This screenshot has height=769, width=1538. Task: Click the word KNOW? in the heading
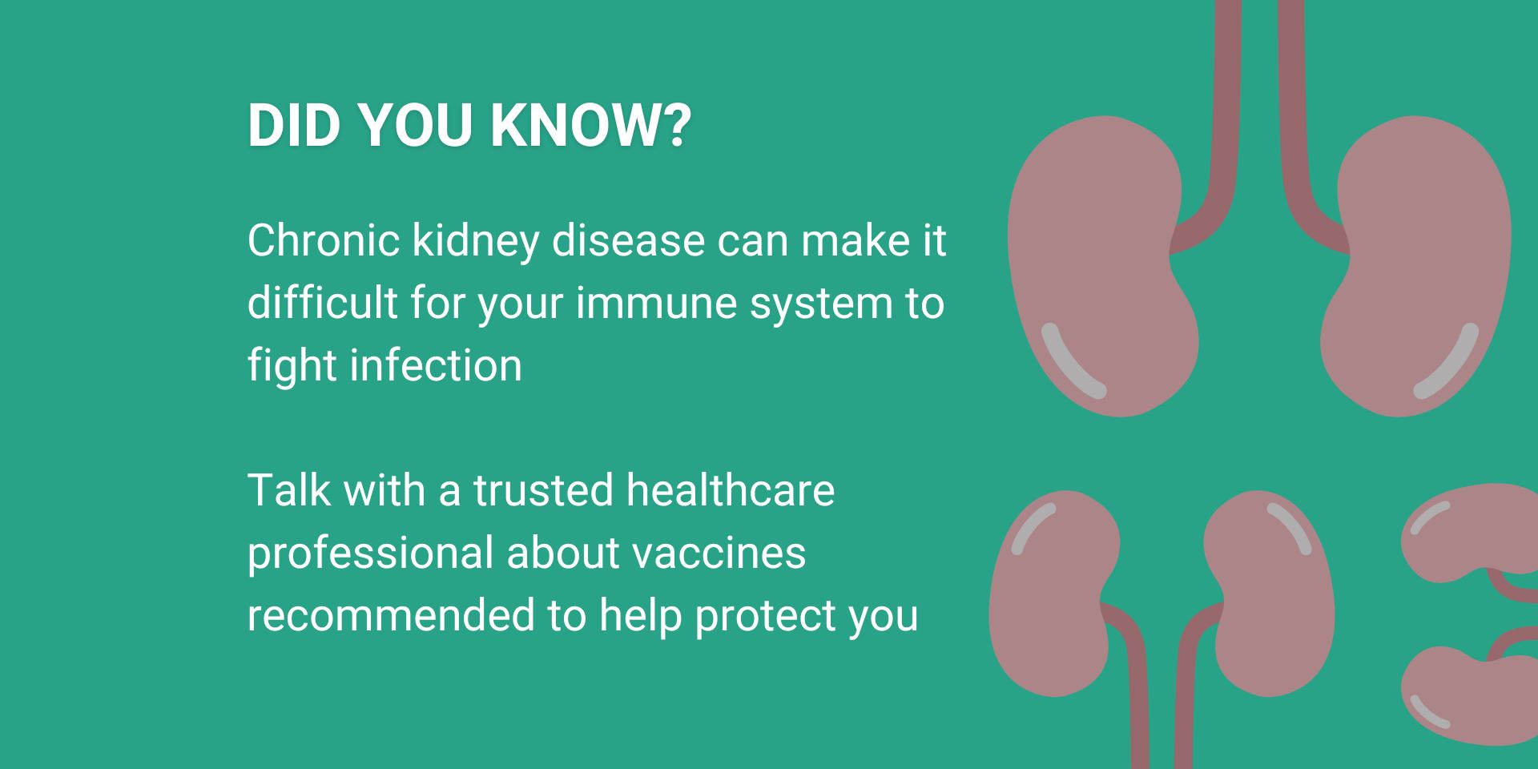[590, 125]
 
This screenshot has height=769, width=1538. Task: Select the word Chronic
[324, 240]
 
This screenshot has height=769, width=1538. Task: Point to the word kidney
[476, 242]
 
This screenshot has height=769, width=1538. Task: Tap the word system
[819, 304]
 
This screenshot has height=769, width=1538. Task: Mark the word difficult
[322, 303]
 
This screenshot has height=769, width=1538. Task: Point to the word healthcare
[731, 490]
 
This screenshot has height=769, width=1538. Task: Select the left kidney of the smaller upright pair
[1049, 593]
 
